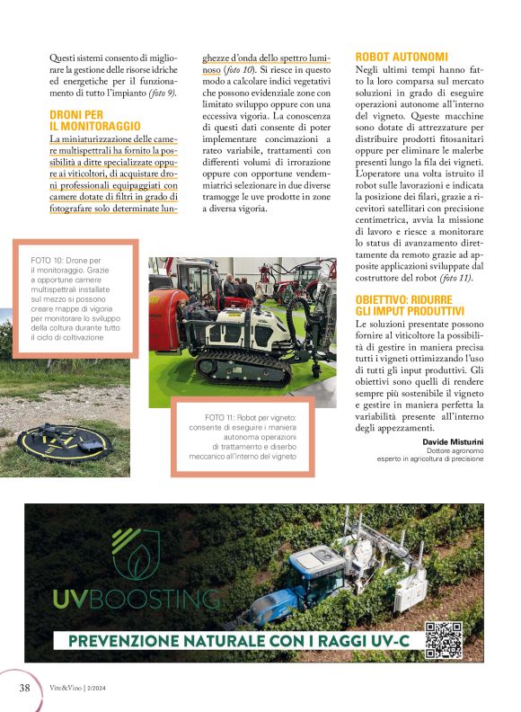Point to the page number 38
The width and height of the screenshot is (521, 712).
(26, 687)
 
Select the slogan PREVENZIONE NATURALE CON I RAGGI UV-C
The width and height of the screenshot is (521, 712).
(236, 641)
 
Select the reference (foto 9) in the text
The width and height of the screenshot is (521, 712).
(162, 93)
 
